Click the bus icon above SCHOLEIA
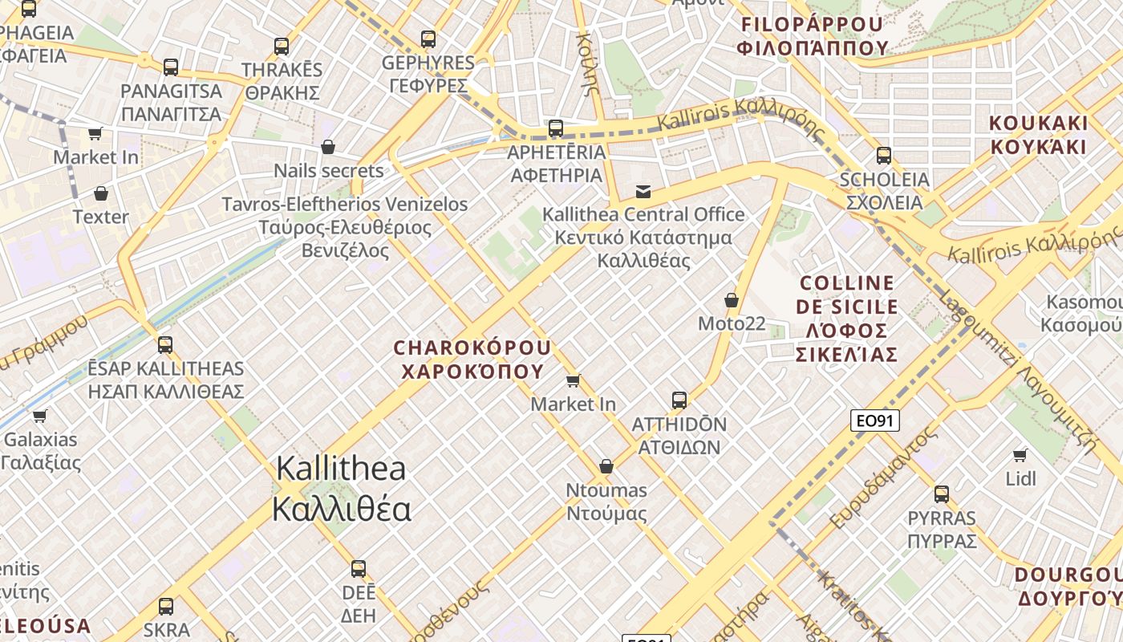coord(883,155)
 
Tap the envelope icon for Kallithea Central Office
coord(643,191)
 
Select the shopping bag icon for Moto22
coord(731,300)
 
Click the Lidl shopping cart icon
coord(1020,455)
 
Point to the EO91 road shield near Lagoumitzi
coord(875,421)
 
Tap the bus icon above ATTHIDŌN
coord(679,400)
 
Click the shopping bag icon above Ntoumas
coord(606,466)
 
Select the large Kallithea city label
coord(341,489)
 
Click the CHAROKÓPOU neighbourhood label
coord(472,360)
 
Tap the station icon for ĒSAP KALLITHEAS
coord(165,344)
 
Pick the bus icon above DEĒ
coord(358,569)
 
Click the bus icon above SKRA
coord(165,606)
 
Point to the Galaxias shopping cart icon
coord(39,415)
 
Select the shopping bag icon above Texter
coord(100,193)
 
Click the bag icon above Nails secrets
coord(327,147)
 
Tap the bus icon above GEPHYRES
coord(428,39)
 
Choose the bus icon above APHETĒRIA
coord(555,128)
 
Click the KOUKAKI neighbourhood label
coord(1038,135)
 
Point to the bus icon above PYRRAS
coord(941,494)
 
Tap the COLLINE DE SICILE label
coord(846,318)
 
